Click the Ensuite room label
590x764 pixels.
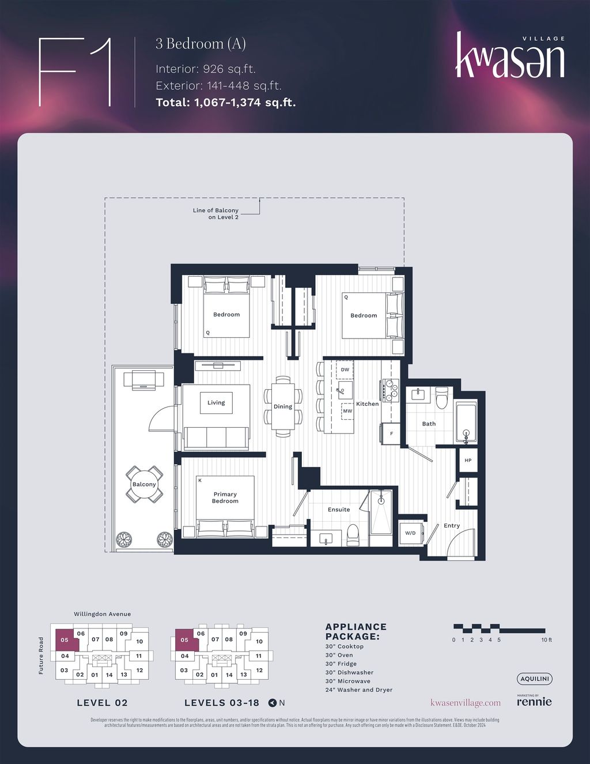click(x=339, y=510)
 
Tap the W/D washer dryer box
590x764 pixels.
click(x=411, y=533)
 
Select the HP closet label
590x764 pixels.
click(x=468, y=461)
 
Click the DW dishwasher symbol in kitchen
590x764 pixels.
click(x=345, y=370)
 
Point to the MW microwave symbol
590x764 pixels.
click(x=347, y=411)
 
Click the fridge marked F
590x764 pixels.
click(x=391, y=433)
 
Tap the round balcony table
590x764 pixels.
click(x=144, y=484)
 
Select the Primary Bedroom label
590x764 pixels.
click(x=225, y=498)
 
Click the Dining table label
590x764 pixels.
click(x=283, y=407)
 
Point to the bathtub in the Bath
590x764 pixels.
click(x=466, y=423)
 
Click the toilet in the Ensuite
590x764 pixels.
click(x=353, y=535)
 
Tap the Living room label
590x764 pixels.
click(x=216, y=402)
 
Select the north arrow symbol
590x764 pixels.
click(x=273, y=702)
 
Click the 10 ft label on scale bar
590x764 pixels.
click(x=546, y=640)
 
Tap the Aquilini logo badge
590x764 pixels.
click(x=534, y=679)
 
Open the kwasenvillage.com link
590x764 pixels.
click(x=466, y=703)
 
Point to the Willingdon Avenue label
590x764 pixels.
click(x=102, y=614)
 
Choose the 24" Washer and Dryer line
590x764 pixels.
click(x=358, y=690)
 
